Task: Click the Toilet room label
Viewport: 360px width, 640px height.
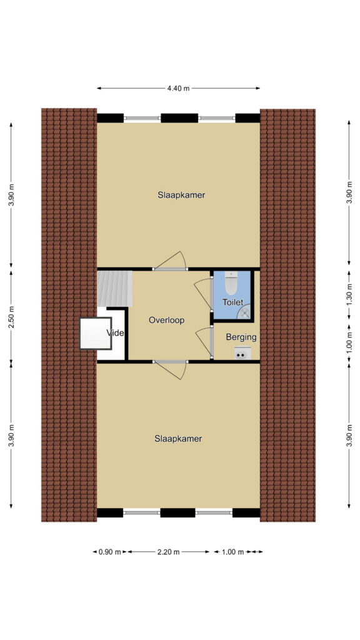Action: click(x=232, y=302)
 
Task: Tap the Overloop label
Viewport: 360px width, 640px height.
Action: click(x=166, y=321)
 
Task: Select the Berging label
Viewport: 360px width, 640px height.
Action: click(x=241, y=337)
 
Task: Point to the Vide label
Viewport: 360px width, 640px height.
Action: click(x=115, y=333)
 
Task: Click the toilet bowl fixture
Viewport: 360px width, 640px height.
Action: click(x=231, y=283)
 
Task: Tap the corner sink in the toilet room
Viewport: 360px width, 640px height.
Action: click(x=244, y=312)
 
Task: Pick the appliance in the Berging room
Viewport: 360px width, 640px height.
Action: click(x=242, y=353)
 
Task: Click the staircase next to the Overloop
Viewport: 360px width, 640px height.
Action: click(x=115, y=289)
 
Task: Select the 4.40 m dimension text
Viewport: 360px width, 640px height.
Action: click(x=178, y=88)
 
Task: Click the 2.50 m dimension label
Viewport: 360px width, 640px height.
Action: click(x=12, y=317)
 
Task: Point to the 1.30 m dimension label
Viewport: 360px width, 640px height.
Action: click(x=349, y=292)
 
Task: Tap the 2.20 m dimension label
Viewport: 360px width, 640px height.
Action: click(x=169, y=552)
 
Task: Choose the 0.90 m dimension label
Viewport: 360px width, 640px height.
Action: click(x=110, y=552)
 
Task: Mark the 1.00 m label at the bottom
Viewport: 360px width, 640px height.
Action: click(x=232, y=552)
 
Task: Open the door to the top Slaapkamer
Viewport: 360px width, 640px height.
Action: click(x=170, y=261)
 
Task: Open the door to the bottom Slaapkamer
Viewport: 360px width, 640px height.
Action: click(x=171, y=370)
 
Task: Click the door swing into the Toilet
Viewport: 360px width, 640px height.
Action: click(x=203, y=293)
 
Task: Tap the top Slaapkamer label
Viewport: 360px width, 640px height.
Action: click(x=181, y=195)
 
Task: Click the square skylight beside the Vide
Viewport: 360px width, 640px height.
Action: click(x=96, y=334)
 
